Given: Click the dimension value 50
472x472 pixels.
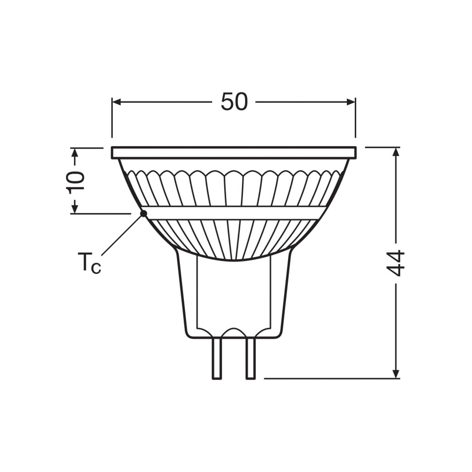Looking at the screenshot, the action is click(x=234, y=102).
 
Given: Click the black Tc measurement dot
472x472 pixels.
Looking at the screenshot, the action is click(x=144, y=213).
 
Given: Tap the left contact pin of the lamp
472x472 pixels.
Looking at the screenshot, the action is click(x=217, y=358).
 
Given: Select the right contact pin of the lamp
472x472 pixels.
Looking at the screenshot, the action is click(x=251, y=358).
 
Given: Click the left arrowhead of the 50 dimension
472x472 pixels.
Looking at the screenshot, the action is click(x=117, y=102).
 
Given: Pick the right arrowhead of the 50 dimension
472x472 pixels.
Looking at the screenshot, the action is click(x=351, y=102).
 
